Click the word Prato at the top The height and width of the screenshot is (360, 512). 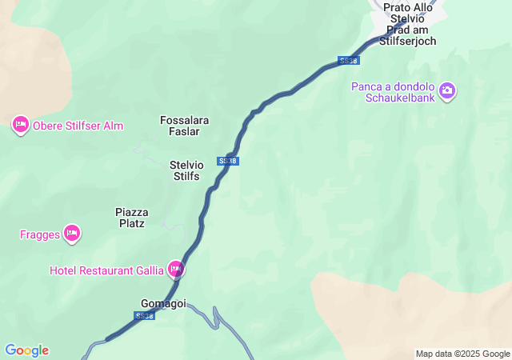398,7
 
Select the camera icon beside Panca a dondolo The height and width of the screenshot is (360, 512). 447,91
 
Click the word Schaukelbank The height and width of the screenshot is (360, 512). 400,98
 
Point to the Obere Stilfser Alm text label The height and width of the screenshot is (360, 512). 78,126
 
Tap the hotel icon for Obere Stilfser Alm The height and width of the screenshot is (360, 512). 21,125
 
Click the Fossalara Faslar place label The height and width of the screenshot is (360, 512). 184,126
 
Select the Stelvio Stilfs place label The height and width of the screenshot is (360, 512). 186,170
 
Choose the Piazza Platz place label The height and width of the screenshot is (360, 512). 131,218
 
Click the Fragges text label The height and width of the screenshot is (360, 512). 40,234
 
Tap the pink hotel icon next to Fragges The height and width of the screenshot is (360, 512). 72,233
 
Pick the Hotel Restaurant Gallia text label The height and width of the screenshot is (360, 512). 106,270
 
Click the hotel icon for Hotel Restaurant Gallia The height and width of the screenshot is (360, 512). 175,270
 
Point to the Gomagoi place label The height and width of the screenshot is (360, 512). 163,304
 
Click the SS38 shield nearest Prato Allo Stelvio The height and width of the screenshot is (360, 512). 348,61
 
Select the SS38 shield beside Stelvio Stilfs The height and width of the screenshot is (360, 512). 228,161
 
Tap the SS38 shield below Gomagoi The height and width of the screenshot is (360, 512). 144,316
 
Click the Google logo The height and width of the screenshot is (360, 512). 26,350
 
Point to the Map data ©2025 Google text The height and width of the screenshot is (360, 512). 462,354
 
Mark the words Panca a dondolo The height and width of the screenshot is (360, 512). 392,86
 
